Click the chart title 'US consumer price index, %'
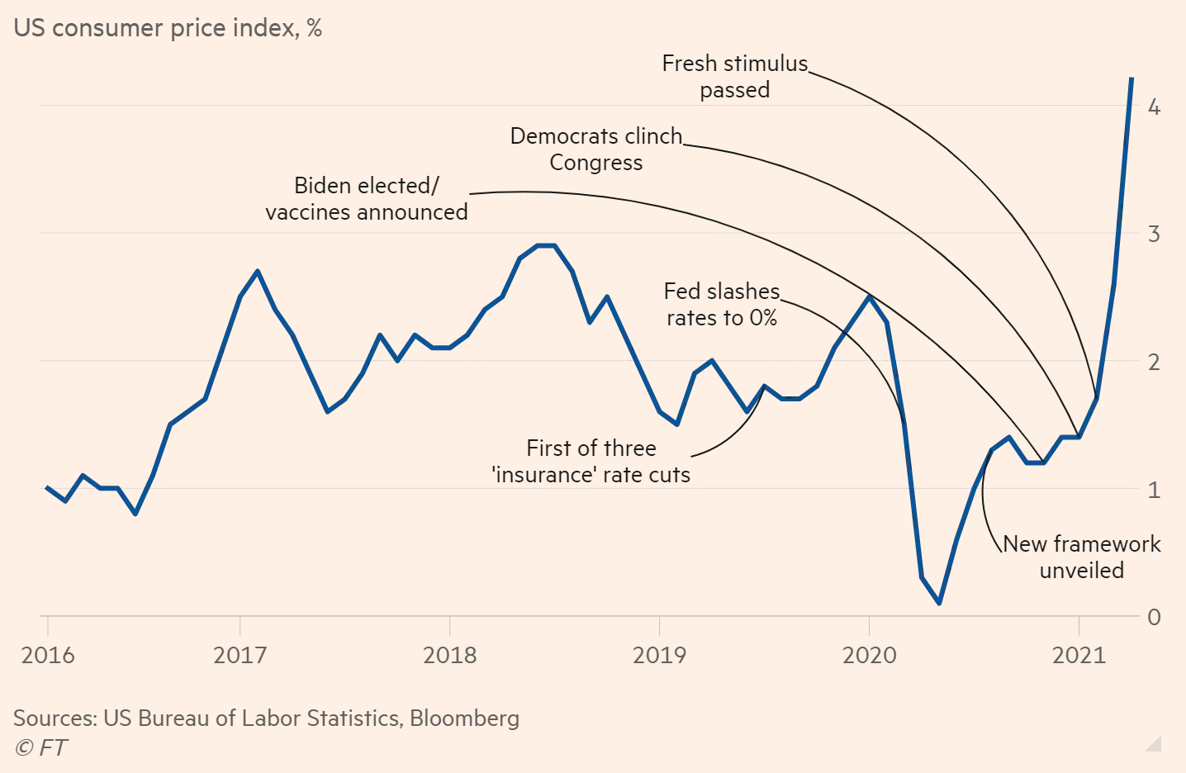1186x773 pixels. point(168,28)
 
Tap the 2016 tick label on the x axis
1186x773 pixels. point(48,655)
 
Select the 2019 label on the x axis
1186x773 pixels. point(659,655)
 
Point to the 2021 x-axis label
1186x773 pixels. point(1079,655)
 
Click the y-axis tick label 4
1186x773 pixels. point(1154,107)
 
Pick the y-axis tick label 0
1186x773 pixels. point(1154,617)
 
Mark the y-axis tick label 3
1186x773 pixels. point(1154,234)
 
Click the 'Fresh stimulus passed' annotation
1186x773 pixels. point(735,77)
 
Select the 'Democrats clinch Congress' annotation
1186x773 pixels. point(596,149)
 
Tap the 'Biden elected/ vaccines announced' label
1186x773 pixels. point(367,199)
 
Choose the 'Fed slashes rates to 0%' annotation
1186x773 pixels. point(722,305)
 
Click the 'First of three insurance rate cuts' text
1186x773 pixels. point(591,462)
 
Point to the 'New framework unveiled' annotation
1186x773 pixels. point(1082,557)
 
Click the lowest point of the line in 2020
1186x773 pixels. point(939,603)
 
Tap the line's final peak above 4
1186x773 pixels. point(1131,78)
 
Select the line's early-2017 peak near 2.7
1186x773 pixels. point(258,271)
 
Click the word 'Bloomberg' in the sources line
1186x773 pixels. point(464,718)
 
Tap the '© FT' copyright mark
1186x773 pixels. point(40,748)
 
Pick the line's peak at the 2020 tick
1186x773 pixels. point(869,296)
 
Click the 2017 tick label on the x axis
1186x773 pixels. point(240,655)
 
